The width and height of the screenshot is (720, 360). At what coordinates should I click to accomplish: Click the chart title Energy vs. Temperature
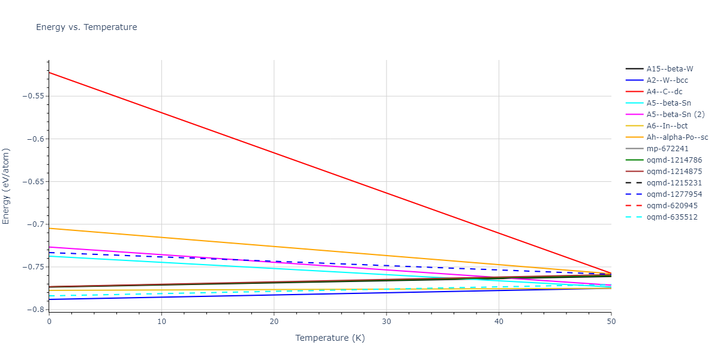point(86,27)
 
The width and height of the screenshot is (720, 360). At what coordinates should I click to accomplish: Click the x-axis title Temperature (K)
point(329,338)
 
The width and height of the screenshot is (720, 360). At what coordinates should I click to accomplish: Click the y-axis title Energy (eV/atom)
point(7,186)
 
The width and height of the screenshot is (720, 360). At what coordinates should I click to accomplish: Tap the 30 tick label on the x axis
point(386,322)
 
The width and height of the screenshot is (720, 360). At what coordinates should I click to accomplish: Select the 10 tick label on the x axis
point(161,322)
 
